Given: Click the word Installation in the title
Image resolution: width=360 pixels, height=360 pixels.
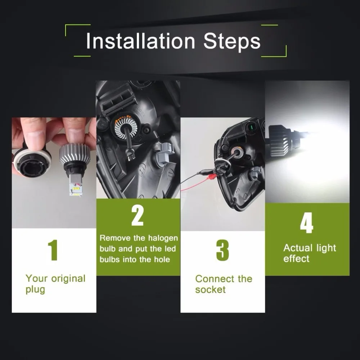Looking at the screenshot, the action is click(x=140, y=41).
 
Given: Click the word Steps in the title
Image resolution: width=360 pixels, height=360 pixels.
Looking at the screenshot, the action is click(x=232, y=41).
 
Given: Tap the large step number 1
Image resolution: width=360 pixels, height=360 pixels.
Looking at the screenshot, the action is click(x=53, y=250).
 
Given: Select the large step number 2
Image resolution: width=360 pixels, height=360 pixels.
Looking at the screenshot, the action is click(x=138, y=216).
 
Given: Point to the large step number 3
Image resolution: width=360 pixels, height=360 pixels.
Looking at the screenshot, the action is click(x=222, y=250).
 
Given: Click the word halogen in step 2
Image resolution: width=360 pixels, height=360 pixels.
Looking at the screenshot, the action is click(x=163, y=238).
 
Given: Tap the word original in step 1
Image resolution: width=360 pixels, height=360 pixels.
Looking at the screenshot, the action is click(x=68, y=279).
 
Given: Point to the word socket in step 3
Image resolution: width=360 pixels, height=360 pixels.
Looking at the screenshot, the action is click(x=210, y=289).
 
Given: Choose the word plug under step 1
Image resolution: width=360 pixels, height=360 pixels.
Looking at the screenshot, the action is click(x=35, y=290).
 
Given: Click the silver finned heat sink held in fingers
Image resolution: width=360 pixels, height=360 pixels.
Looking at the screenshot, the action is click(x=75, y=156).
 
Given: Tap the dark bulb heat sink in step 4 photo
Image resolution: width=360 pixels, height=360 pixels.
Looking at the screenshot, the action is click(x=279, y=140).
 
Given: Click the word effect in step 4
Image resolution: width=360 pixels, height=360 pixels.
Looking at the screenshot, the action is click(x=296, y=259).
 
